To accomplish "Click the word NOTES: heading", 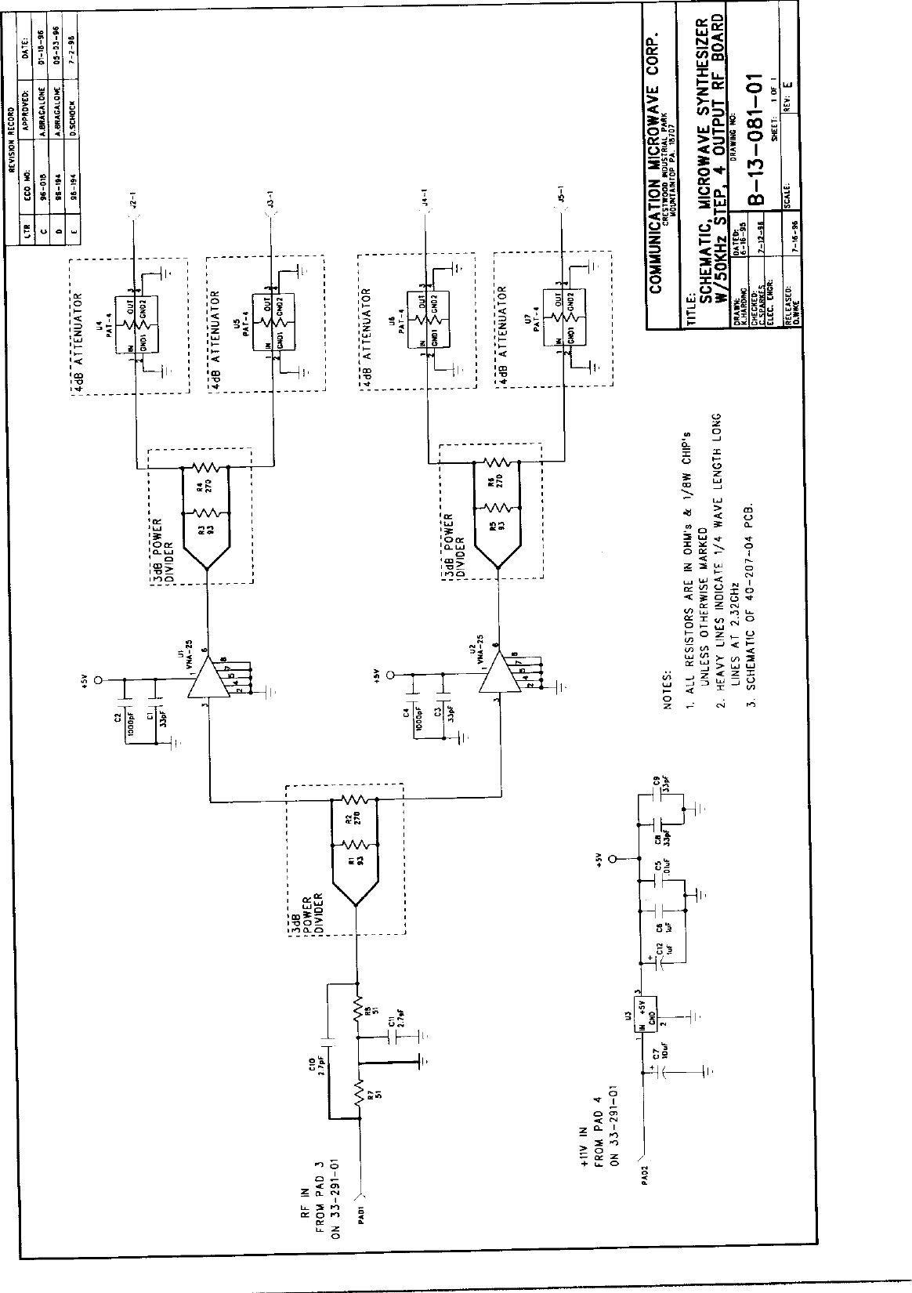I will (668, 690).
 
